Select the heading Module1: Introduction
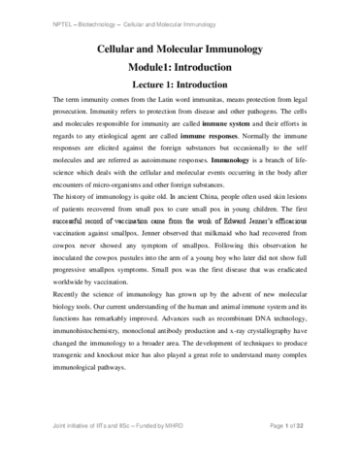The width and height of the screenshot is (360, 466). (182, 70)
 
